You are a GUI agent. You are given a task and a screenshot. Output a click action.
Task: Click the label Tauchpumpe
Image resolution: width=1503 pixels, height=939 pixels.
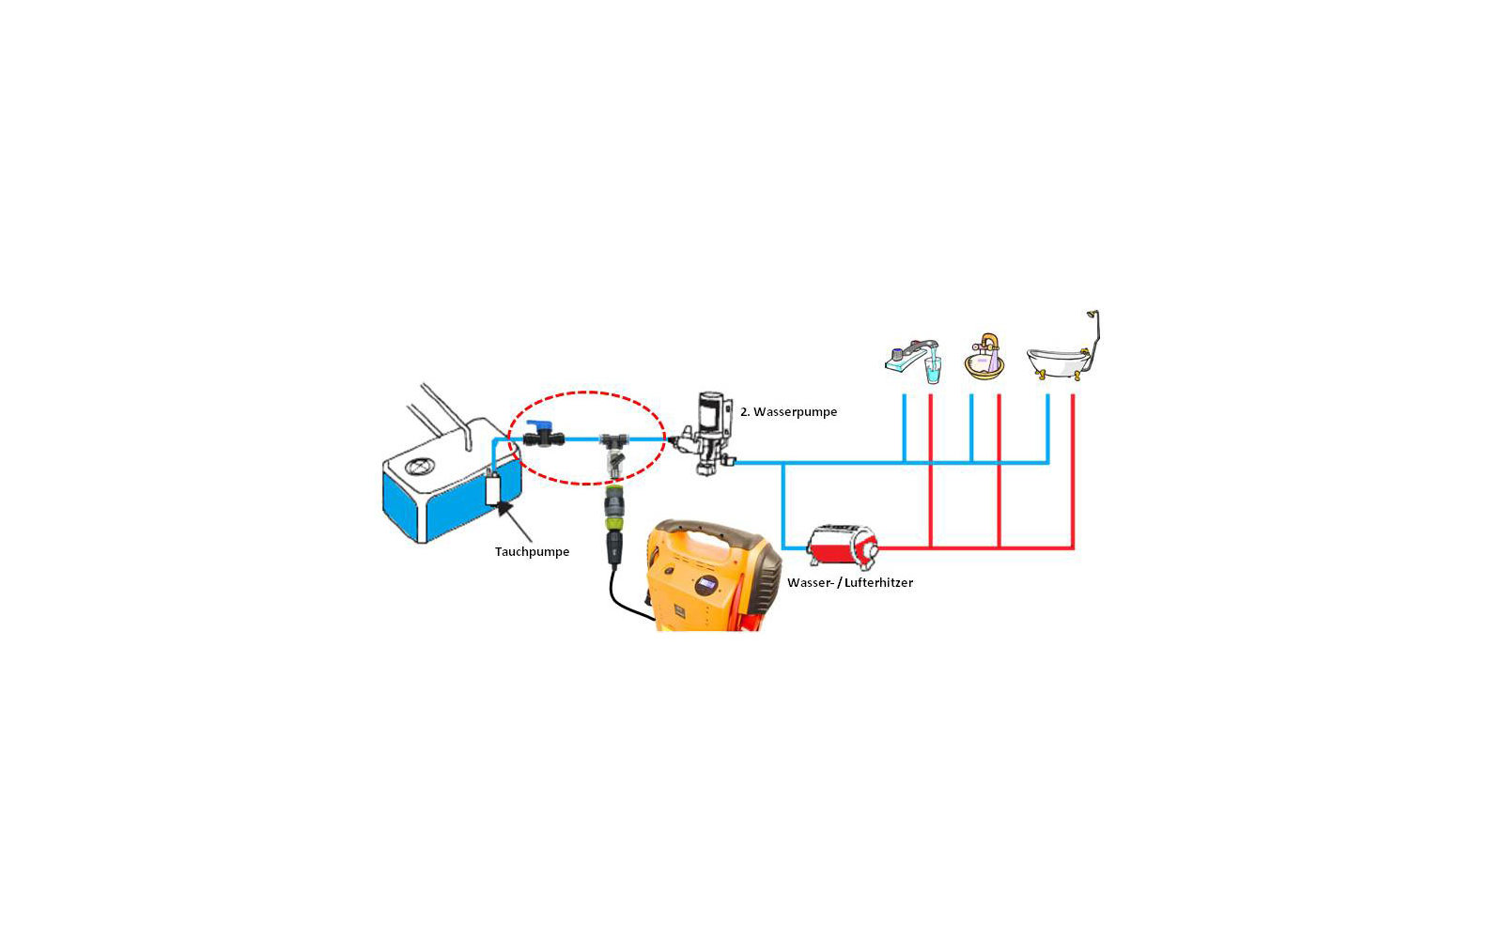(x=532, y=551)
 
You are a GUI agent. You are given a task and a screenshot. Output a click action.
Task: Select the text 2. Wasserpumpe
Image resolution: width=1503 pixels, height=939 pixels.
(x=788, y=412)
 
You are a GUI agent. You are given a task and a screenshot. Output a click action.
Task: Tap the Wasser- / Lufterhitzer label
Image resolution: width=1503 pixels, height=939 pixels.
(x=850, y=582)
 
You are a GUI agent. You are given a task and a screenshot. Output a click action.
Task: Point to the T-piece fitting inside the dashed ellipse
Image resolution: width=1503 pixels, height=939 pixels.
(x=613, y=440)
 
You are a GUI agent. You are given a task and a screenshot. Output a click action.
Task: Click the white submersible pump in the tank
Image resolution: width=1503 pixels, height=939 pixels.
(x=492, y=488)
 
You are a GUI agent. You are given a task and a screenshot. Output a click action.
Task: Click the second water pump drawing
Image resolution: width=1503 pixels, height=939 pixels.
(x=705, y=433)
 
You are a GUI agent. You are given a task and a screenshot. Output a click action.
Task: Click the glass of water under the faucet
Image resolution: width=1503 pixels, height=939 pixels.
(x=933, y=370)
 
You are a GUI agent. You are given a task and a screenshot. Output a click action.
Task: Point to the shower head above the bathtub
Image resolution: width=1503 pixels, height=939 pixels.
(x=1092, y=314)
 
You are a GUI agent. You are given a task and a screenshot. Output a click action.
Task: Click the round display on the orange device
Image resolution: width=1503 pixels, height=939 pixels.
(x=705, y=585)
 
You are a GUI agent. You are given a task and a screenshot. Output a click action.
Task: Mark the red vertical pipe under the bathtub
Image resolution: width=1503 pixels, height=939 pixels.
(x=1073, y=471)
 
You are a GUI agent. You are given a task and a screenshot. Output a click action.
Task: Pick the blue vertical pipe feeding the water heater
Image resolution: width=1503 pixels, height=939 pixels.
(x=783, y=505)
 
